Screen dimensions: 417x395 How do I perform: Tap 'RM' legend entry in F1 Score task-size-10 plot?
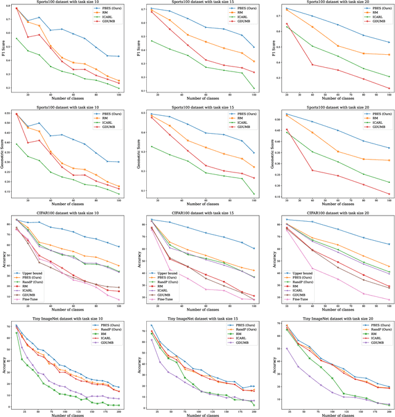point(102,17)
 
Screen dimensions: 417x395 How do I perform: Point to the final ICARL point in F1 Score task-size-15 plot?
point(254,89)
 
